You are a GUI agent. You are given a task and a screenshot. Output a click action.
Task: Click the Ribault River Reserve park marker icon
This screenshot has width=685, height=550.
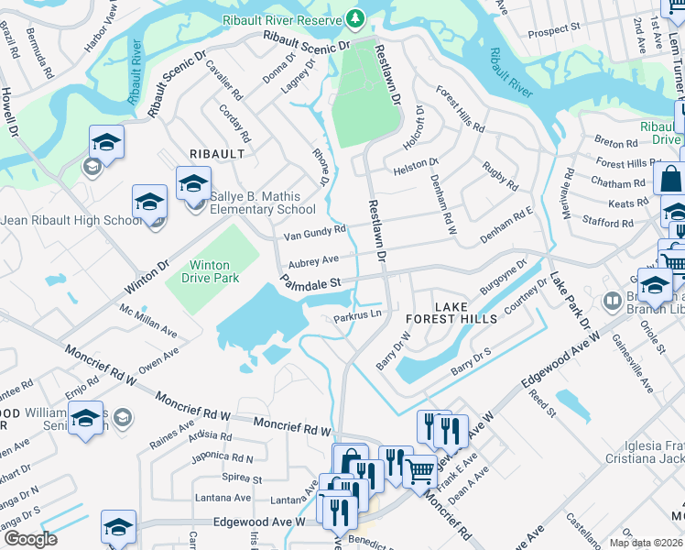tap(354, 17)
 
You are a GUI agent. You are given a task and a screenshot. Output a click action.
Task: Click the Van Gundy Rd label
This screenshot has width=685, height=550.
tap(314, 235)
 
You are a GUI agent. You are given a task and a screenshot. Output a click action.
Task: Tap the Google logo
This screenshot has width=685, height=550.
tap(29, 539)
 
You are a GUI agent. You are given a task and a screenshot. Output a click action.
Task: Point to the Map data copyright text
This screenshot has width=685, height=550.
tap(646, 543)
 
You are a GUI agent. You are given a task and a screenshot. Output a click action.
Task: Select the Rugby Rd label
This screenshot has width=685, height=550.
tap(499, 173)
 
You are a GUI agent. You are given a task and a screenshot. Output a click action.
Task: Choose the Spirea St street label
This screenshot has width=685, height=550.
tap(243, 478)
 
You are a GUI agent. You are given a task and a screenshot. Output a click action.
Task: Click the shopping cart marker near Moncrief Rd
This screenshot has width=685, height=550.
tap(419, 471)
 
